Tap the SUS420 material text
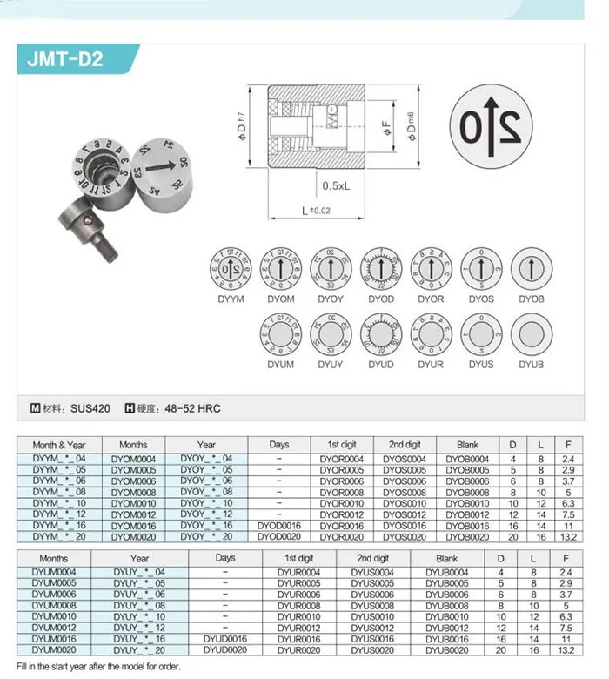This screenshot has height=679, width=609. tap(90, 407)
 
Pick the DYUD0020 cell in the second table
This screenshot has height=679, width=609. tap(225, 649)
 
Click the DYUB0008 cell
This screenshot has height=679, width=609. tap(447, 604)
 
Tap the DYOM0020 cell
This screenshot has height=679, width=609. tap(133, 537)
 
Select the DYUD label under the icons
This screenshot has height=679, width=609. tap(380, 365)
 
